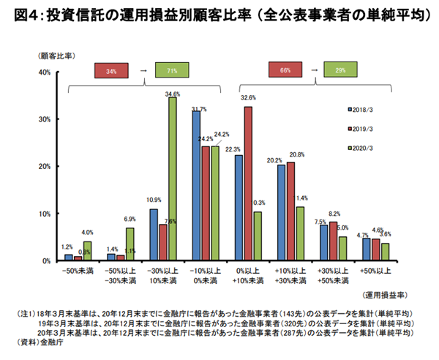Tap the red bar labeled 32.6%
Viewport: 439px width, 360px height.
coord(248,184)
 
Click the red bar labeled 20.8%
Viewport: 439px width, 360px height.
coord(290,211)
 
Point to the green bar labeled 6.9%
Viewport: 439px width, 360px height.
coord(130,244)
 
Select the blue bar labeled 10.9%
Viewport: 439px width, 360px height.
coord(154,235)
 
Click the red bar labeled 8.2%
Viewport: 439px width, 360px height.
coord(333,241)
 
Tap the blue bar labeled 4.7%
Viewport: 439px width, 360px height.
coord(367,250)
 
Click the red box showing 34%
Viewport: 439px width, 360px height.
coord(111,71)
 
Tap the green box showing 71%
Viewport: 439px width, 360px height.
coord(173,71)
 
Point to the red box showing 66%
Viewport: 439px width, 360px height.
coord(286,71)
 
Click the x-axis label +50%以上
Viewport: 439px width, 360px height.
coord(375,272)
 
